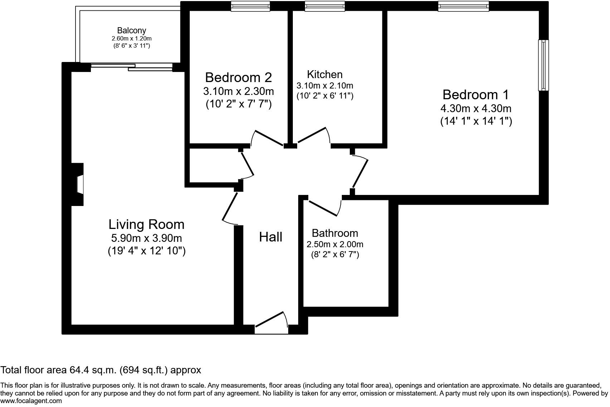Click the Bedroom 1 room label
[x=475, y=95]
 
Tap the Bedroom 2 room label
[x=238, y=77]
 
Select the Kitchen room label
[x=325, y=74]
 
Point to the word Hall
[x=271, y=237]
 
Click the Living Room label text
[x=146, y=224]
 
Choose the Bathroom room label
[x=335, y=233]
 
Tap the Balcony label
[x=131, y=30]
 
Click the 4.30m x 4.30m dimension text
[x=476, y=108]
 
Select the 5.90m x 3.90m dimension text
[x=146, y=238]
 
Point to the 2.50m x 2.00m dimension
[x=335, y=244]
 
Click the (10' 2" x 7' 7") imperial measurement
[x=238, y=104]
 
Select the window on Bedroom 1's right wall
[x=543, y=65]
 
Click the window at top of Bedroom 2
[x=250, y=6]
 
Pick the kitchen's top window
[x=325, y=6]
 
